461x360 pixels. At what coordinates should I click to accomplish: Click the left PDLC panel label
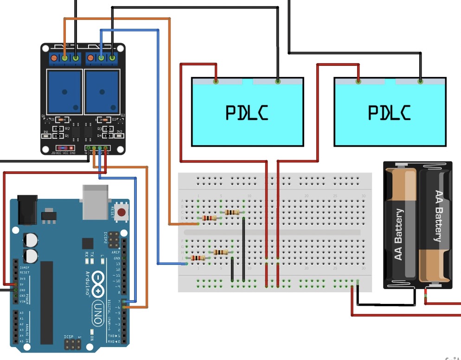click(x=247, y=113)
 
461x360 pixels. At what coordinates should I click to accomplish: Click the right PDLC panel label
click(x=390, y=113)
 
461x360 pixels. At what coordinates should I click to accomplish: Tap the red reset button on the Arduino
click(x=122, y=213)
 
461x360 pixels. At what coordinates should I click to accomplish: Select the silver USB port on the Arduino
click(x=96, y=201)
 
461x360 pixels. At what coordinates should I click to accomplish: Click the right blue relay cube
click(x=102, y=91)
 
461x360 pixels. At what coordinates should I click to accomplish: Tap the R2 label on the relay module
click(x=68, y=129)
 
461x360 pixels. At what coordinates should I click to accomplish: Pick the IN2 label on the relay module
click(x=119, y=132)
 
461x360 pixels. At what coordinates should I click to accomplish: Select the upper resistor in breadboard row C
click(x=232, y=212)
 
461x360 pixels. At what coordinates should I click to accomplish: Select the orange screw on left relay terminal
click(x=54, y=58)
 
